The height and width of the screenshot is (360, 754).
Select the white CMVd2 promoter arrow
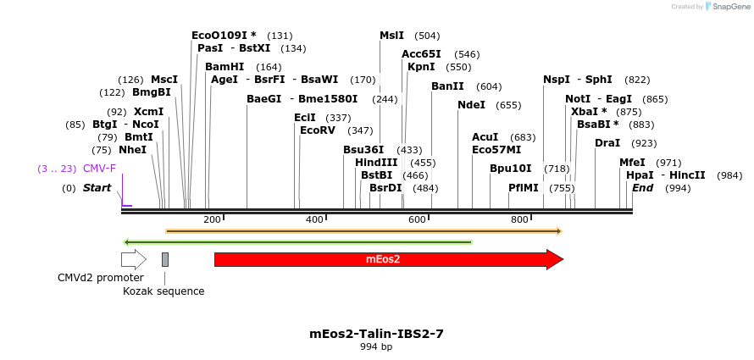coord(133,259)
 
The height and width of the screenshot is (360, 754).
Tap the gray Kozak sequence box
coord(165,259)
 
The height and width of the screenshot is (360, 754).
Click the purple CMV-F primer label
coord(99,169)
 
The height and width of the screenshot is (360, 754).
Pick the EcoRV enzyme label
coord(319,130)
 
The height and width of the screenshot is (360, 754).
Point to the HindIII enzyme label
coord(376,163)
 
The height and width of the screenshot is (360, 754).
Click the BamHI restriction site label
coord(225,67)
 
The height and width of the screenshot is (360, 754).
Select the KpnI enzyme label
coord(421,67)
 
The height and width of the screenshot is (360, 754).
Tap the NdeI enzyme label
coord(471,105)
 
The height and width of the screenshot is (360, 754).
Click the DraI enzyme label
coord(607,143)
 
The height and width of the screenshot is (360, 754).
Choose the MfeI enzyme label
coord(632,163)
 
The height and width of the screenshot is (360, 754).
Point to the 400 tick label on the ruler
coord(314,220)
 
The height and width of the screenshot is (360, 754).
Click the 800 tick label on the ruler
coord(519,220)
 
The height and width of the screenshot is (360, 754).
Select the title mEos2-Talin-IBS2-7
coord(376,334)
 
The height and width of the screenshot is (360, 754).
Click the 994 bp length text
coord(376,347)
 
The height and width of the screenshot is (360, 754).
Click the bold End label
coord(642,188)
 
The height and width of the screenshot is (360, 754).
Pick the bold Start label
coord(97,188)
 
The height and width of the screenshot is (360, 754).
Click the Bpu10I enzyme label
coord(511,169)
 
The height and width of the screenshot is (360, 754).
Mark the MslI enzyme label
coord(391,36)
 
